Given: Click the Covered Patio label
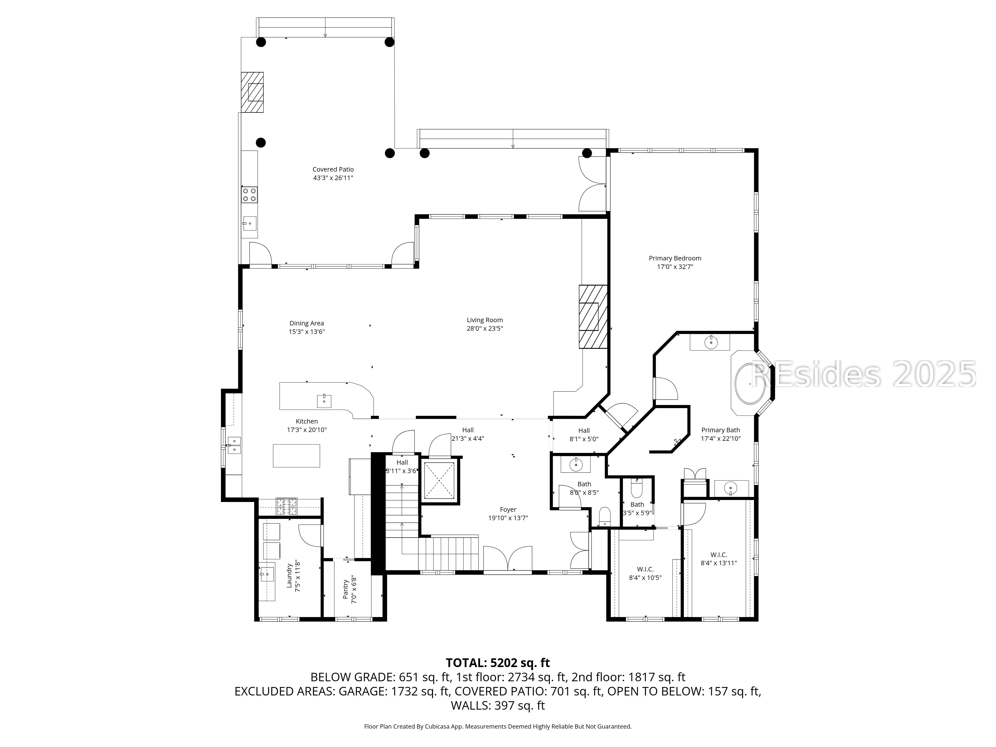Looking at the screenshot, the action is (333, 169).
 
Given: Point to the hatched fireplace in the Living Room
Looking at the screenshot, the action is (593, 316).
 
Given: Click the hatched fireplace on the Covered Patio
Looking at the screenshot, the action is (252, 92).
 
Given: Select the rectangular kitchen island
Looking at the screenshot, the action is (296, 456).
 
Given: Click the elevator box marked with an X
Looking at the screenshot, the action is (439, 480).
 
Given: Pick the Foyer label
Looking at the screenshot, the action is (508, 510).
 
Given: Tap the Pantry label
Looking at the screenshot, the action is (345, 589).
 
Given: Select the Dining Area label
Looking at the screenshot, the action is (307, 323).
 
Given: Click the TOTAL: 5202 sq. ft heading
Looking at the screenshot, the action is (498, 663).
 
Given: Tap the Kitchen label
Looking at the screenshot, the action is (307, 422).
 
